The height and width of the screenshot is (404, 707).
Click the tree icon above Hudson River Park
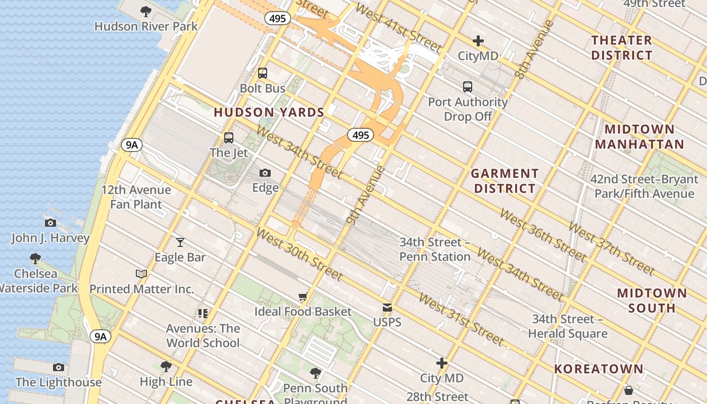tap(146, 11)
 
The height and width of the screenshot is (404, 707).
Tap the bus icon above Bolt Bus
tap(263, 73)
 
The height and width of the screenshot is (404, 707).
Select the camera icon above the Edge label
tap(265, 173)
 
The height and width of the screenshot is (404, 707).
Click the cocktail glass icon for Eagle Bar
tap(180, 242)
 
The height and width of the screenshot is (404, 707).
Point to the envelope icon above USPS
tap(387, 308)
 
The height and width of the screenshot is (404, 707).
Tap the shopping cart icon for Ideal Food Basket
tap(303, 297)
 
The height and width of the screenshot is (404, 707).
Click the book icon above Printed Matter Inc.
tap(141, 274)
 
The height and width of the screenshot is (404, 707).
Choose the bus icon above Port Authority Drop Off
tap(468, 87)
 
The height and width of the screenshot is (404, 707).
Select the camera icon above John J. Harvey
tap(50, 223)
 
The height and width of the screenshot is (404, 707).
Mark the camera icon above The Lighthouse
tap(59, 367)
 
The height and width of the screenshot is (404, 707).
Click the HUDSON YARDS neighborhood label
tap(269, 113)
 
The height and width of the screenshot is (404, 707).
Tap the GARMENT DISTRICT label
tap(504, 181)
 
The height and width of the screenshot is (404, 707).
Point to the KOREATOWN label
tap(598, 369)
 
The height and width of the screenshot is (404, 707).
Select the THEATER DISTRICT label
tap(622, 47)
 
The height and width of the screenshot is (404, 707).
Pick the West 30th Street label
tap(299, 254)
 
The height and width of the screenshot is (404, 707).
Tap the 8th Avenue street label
tap(534, 49)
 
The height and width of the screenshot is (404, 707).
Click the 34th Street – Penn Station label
tap(435, 249)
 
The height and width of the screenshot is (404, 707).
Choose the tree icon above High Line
tap(166, 366)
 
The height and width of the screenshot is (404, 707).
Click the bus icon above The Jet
tap(229, 138)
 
